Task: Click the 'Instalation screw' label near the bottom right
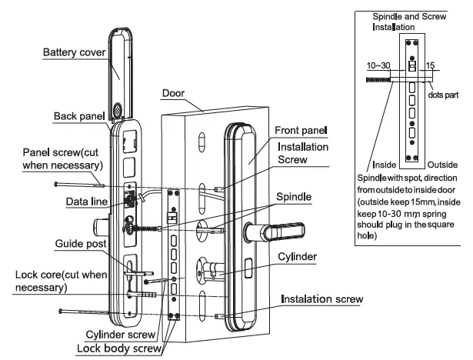pyautogui.click(x=321, y=298)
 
